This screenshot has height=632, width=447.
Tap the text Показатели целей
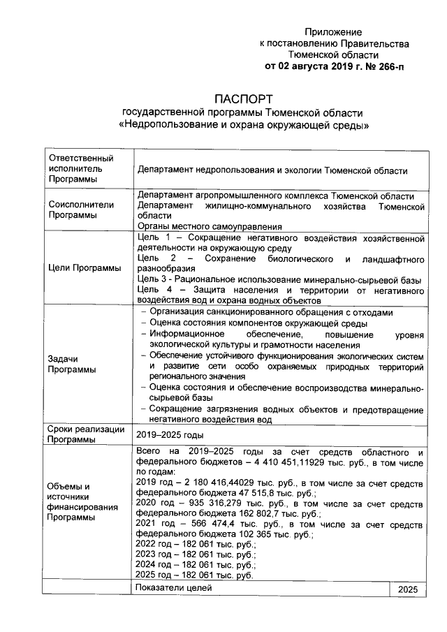click(176, 588)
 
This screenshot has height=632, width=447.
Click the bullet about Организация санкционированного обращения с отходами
click(272, 312)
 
